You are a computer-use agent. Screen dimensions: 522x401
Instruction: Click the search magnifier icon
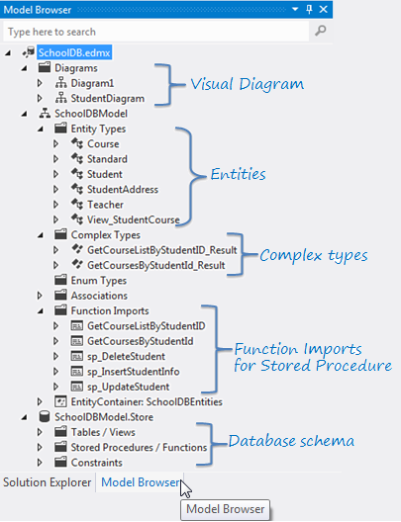(x=320, y=32)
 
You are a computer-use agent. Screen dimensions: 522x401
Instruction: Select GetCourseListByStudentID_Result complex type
(x=161, y=250)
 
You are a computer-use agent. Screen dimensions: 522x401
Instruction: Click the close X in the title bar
(x=325, y=9)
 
